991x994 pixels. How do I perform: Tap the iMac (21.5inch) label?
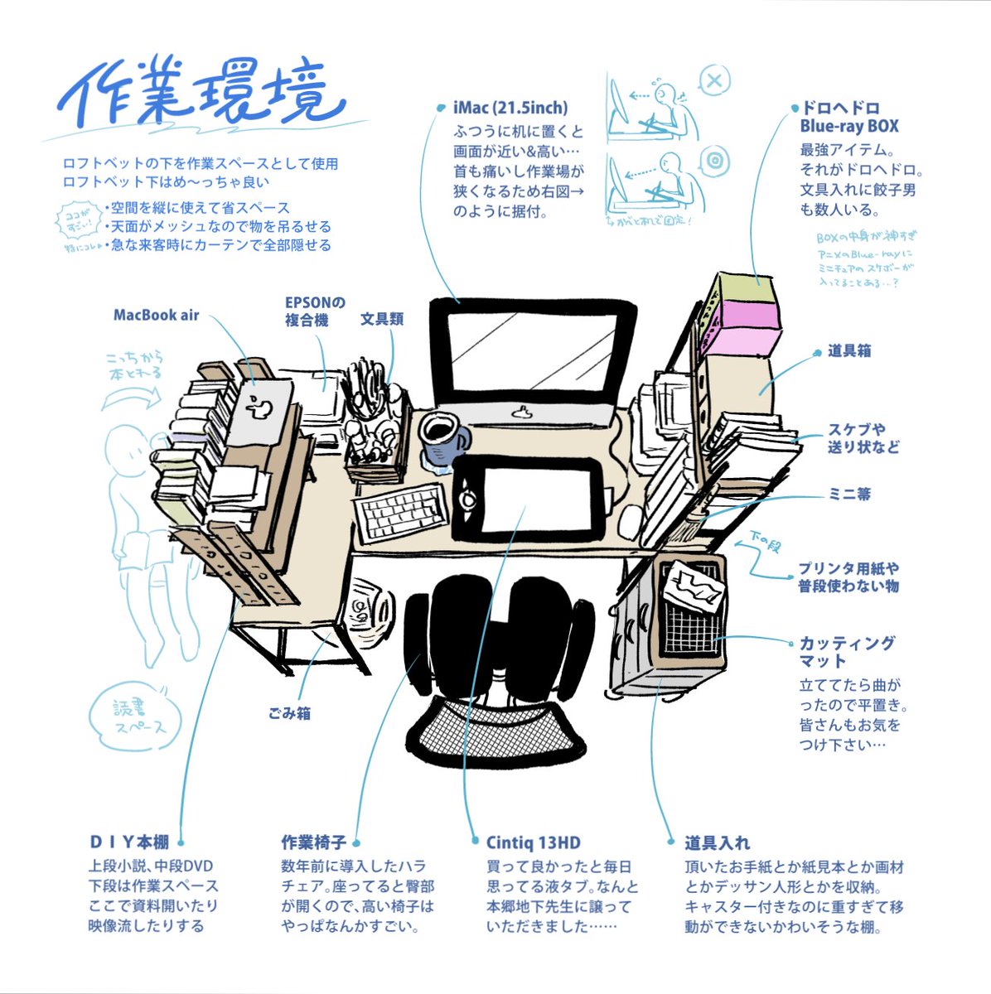(510, 108)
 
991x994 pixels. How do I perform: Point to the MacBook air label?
(156, 315)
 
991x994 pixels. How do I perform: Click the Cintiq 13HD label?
(533, 843)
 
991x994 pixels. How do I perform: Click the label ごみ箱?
(289, 713)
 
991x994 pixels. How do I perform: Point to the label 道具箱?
(848, 351)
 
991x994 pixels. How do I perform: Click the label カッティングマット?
(846, 652)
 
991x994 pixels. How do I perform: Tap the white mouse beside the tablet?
(631, 520)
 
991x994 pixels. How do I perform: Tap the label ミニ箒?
(849, 495)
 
